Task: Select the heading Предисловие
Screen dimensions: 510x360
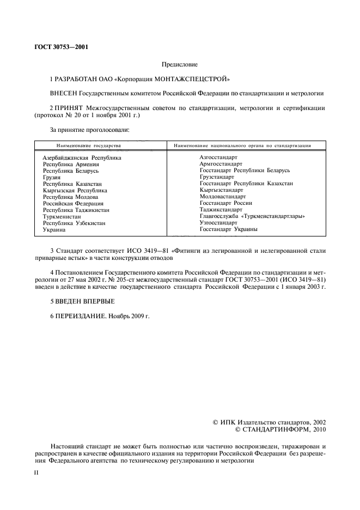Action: coord(180,64)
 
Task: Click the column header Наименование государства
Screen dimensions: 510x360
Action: coord(89,146)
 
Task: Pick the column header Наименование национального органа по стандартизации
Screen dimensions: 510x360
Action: coord(242,146)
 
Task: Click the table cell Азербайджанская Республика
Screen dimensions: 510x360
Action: coord(82,157)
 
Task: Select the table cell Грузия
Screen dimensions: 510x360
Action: coord(52,177)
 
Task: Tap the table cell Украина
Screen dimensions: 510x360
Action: coord(54,230)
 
